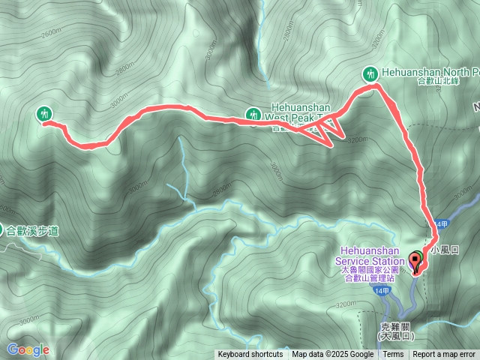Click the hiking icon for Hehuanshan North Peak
coord(369,73)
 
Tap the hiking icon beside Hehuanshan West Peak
coord(253,114)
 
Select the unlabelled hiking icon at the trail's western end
coord(44,113)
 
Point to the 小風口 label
coord(444,248)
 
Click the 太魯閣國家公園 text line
coord(371,269)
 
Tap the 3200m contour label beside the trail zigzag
coord(358,139)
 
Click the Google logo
coord(28,349)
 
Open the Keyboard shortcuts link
coord(250,355)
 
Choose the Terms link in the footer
coord(393,355)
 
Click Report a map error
coord(445,355)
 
